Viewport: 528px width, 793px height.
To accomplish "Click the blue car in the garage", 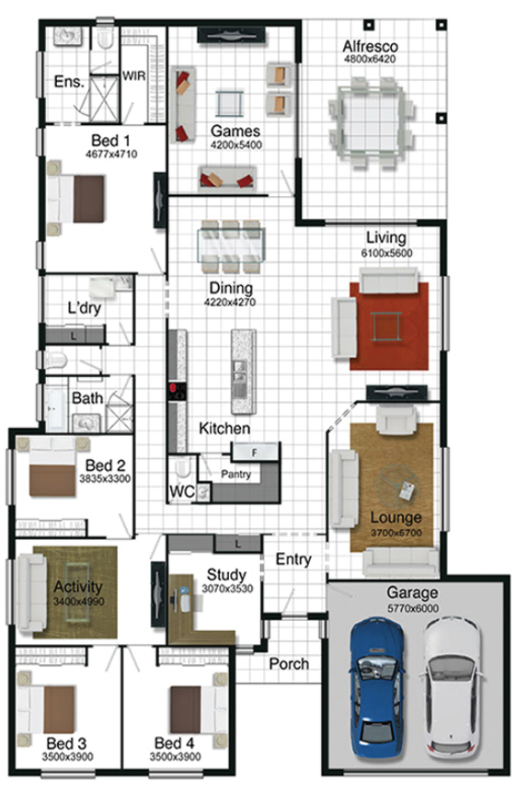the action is tap(377, 688).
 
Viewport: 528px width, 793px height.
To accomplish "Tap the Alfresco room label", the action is tap(370, 47).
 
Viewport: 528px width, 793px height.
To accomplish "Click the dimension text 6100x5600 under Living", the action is tap(387, 253).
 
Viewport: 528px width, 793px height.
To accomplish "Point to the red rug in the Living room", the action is tap(389, 326).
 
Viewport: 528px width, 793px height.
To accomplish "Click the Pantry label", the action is tap(235, 475).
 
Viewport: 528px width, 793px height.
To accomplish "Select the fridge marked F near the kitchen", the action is tap(255, 452).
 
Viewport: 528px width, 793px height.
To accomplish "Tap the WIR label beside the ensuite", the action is tap(134, 75).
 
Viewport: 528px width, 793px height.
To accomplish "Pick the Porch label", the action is tap(289, 663).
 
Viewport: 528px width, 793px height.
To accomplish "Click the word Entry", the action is tap(293, 559).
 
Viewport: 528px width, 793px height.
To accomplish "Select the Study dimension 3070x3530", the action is tap(227, 589).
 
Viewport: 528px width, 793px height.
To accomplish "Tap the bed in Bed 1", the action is tap(75, 199).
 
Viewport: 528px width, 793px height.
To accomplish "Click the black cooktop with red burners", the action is tap(178, 392).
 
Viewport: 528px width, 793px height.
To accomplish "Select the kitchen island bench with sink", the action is tap(244, 372).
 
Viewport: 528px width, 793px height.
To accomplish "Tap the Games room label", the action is tap(235, 131).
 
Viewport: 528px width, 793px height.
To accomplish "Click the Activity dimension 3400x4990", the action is tap(78, 602).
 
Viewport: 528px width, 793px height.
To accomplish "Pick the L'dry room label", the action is tap(85, 307).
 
